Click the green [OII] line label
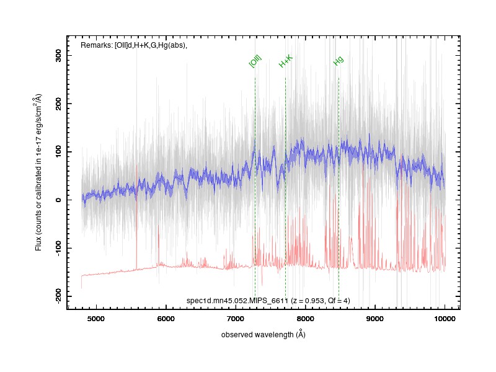(x=255, y=61)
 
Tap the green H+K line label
(x=286, y=61)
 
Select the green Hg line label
(x=338, y=61)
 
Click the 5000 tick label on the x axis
(x=96, y=319)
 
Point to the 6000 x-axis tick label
(x=166, y=319)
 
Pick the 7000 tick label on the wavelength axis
(x=236, y=319)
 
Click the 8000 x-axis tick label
(x=305, y=319)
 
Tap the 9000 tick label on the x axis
(x=375, y=319)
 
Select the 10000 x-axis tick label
(x=445, y=319)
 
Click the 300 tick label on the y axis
(x=58, y=55)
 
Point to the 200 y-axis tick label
(x=58, y=104)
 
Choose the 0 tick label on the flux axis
(x=58, y=200)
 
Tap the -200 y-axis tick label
(x=58, y=296)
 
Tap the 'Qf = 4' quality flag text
(x=339, y=301)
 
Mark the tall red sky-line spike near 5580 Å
(x=136, y=217)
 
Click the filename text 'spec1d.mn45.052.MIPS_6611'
(x=237, y=301)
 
